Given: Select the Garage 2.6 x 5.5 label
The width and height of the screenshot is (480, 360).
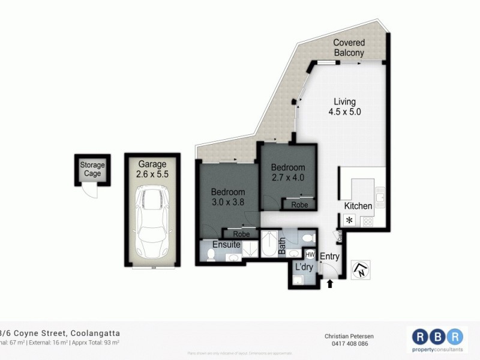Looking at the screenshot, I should click(x=152, y=169).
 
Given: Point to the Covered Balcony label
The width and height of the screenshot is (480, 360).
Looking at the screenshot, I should click(x=349, y=47).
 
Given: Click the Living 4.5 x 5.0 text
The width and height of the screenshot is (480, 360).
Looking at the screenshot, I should click(x=344, y=106).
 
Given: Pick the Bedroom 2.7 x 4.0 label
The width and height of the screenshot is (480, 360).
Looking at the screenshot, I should click(x=288, y=172).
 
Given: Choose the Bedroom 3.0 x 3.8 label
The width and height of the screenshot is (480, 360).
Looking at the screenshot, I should click(x=228, y=197).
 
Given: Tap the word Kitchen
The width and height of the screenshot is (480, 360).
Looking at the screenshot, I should click(x=358, y=206).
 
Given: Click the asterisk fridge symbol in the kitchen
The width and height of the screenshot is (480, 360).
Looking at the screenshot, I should click(x=349, y=220).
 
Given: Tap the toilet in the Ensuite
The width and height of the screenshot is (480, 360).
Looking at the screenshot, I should click(x=210, y=256).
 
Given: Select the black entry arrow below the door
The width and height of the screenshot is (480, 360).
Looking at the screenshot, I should click(x=330, y=284).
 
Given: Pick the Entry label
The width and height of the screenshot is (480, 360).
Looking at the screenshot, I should click(x=329, y=257).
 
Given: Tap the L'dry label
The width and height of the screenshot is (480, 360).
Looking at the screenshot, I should click(x=302, y=268).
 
